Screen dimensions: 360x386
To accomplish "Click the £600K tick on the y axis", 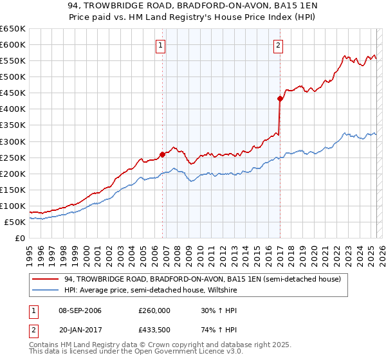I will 13,44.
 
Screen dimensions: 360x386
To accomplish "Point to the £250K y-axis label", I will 13,157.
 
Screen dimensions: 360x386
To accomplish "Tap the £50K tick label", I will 15,222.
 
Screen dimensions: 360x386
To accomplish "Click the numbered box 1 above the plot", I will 160,45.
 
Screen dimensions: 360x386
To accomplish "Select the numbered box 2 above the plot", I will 278,45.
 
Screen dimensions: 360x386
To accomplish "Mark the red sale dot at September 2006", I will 162,154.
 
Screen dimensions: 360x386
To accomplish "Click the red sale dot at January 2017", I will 280,98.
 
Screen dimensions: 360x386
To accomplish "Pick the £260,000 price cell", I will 154,310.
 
